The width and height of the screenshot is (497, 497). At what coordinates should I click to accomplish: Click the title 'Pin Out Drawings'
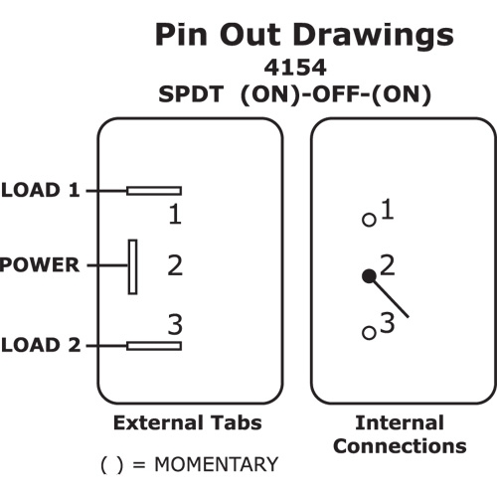304,35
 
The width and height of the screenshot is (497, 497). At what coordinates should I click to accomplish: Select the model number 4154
295,68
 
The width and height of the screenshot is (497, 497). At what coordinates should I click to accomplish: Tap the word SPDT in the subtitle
191,94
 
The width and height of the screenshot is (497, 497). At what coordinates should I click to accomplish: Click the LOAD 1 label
41,190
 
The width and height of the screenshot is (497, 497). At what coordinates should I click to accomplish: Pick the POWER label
40,264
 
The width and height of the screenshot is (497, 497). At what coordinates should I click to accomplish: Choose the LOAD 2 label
41,345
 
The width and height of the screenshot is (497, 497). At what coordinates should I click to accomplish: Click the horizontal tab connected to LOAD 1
154,191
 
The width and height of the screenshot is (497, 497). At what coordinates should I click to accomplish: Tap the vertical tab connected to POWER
133,266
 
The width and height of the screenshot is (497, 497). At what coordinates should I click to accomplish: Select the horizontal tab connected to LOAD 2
154,346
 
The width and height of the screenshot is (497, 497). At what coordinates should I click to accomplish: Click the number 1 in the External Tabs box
175,214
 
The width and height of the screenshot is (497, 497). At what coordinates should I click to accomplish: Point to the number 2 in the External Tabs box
175,265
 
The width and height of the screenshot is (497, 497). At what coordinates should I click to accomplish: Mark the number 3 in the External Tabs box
175,324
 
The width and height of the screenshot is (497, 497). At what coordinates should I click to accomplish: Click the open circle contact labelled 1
370,220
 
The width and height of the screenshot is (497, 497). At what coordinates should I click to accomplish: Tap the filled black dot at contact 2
369,276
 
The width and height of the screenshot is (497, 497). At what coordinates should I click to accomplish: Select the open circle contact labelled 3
370,333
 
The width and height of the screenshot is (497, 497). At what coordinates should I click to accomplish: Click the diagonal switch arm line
389,297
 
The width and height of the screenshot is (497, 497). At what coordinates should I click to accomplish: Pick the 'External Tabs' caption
188,422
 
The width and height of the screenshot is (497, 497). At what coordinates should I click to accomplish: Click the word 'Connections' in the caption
400,446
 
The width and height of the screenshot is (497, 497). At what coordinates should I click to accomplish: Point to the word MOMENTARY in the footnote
217,464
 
